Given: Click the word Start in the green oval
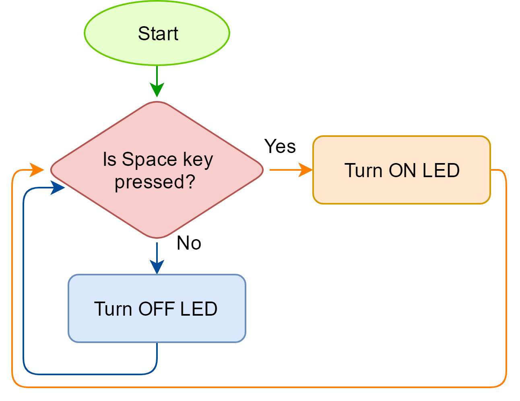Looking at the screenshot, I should (x=158, y=33).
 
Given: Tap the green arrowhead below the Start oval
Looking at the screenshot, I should (x=157, y=89).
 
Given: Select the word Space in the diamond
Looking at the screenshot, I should (x=149, y=159).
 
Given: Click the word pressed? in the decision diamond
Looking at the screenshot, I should (x=155, y=182).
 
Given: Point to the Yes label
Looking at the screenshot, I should (x=280, y=147).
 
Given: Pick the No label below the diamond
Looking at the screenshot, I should (x=189, y=243).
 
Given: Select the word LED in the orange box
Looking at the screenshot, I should (x=441, y=171).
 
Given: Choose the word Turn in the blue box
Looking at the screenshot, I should (x=113, y=309).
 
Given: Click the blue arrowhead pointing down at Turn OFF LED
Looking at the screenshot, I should (x=157, y=267).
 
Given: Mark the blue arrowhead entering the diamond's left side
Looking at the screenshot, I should (x=58, y=188).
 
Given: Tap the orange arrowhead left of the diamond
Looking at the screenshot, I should (x=37, y=170).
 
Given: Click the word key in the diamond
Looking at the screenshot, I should (x=198, y=159).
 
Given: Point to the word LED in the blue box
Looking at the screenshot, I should (x=199, y=309).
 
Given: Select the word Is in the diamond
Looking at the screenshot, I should (x=109, y=159).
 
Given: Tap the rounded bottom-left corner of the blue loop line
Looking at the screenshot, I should (x=27, y=370).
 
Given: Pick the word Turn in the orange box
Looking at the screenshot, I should (x=363, y=171).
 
